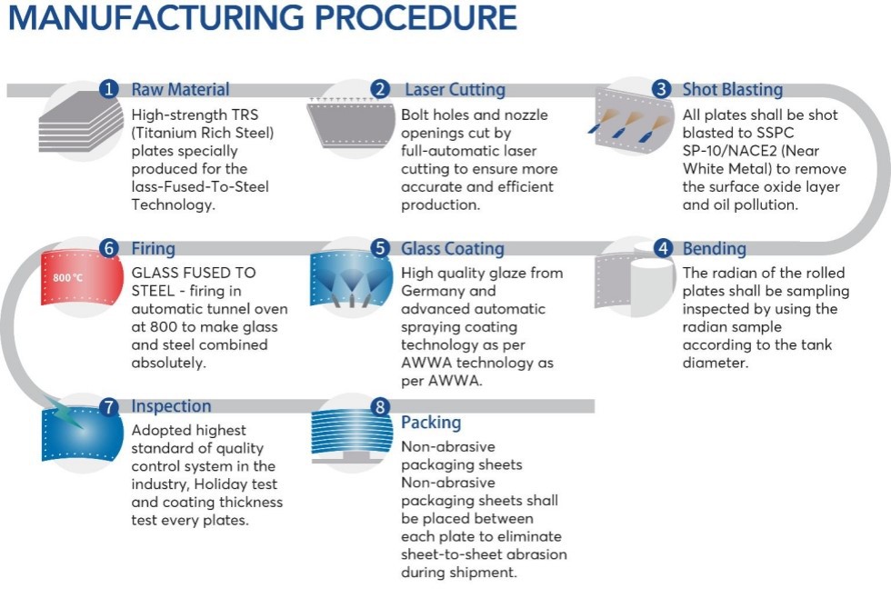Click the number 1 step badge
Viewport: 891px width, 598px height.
[x=108, y=89]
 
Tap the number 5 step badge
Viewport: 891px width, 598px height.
[x=380, y=248]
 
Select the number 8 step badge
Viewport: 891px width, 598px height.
[x=380, y=406]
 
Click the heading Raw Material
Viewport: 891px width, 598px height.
[x=181, y=89]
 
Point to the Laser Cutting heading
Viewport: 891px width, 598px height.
[x=455, y=89]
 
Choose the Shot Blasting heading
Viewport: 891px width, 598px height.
[x=733, y=89]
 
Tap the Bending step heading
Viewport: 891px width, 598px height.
[x=715, y=249]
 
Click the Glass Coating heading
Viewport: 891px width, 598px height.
[x=453, y=249]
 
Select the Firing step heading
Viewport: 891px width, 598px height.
[x=154, y=249]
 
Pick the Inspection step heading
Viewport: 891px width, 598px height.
[x=171, y=406]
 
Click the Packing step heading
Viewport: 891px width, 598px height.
[x=431, y=423]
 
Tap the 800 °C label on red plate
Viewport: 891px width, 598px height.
[x=67, y=278]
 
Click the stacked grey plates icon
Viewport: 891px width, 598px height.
[x=81, y=123]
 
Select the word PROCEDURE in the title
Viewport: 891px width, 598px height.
[x=416, y=17]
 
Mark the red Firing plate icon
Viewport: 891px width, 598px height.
[x=82, y=278]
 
